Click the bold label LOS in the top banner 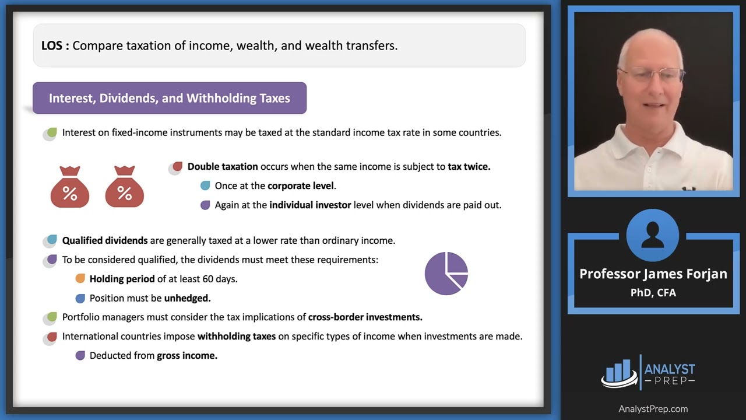click(52, 45)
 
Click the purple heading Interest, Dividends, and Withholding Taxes click(169, 98)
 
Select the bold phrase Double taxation click(223, 167)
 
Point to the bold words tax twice click(469, 167)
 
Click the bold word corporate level click(301, 186)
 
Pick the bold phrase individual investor click(310, 205)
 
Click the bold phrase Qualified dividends click(105, 240)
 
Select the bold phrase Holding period click(122, 279)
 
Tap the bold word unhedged click(187, 298)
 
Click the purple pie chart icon click(446, 273)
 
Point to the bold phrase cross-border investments click(365, 317)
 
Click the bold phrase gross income click(187, 356)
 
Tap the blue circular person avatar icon click(652, 236)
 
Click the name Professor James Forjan click(653, 274)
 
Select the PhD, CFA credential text click(653, 293)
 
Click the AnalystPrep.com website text click(653, 409)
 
